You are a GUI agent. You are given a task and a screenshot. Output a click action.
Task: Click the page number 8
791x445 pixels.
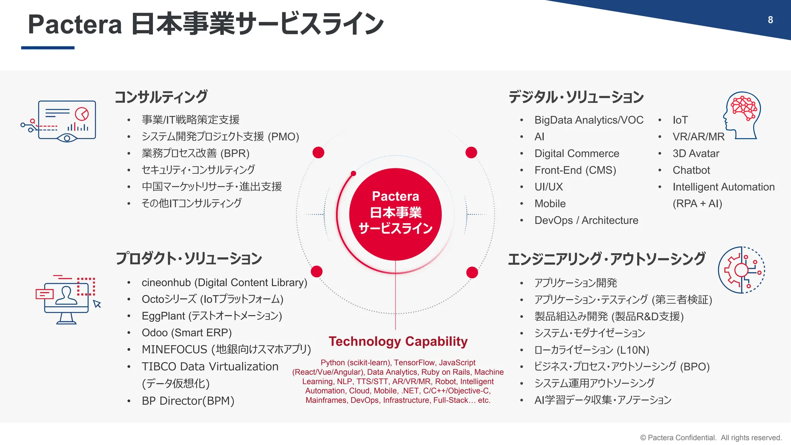[x=770, y=20]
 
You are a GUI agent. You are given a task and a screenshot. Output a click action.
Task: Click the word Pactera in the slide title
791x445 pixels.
[x=75, y=25]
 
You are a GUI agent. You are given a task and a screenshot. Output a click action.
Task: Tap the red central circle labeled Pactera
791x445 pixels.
[x=395, y=214]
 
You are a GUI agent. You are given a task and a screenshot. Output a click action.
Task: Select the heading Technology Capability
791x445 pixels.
[x=398, y=341]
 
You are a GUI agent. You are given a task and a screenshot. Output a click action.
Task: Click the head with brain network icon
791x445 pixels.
[x=742, y=115]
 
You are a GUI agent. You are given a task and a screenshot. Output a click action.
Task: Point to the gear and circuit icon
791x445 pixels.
[x=741, y=270]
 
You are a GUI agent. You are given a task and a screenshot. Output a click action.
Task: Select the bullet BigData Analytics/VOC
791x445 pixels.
[x=589, y=120]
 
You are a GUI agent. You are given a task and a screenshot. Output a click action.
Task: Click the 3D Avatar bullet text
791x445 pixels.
[x=696, y=154]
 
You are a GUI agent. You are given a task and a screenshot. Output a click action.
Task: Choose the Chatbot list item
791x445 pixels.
[x=691, y=170]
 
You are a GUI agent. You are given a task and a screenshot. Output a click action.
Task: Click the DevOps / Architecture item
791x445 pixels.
[x=586, y=221]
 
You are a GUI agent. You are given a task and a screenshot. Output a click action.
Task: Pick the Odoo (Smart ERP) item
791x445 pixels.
[x=187, y=333]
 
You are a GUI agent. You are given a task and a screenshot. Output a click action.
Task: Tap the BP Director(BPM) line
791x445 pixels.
[x=188, y=401]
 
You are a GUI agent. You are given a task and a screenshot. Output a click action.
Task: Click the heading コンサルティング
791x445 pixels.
[x=161, y=97]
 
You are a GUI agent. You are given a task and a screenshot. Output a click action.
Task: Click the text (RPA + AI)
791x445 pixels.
[x=697, y=204]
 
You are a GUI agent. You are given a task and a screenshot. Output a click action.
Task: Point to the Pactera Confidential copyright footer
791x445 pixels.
[x=711, y=438]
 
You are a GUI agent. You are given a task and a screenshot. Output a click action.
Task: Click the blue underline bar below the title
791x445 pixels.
[x=48, y=48]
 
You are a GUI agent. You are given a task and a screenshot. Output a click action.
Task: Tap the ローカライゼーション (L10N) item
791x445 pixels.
[x=591, y=350]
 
